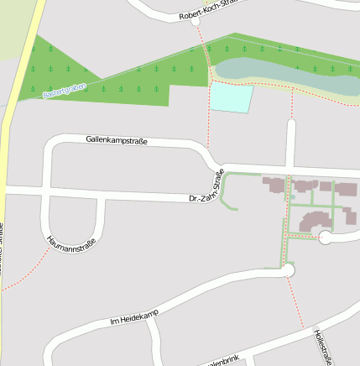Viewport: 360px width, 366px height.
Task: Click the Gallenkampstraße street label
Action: click(x=117, y=141)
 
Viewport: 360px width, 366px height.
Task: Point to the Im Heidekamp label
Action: click(x=133, y=316)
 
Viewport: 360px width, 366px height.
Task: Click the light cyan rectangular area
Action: click(x=231, y=97)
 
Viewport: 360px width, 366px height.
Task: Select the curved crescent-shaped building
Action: click(x=316, y=221)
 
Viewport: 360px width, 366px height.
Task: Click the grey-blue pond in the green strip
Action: click(x=285, y=76)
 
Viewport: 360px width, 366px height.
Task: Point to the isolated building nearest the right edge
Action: click(x=350, y=215)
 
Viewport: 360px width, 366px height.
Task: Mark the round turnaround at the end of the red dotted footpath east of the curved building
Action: click(x=326, y=238)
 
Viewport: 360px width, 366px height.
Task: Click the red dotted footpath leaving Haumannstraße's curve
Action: click(x=21, y=273)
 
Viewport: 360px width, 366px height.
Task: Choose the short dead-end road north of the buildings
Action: click(x=291, y=143)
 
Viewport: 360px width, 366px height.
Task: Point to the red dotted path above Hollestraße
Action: click(x=295, y=302)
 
